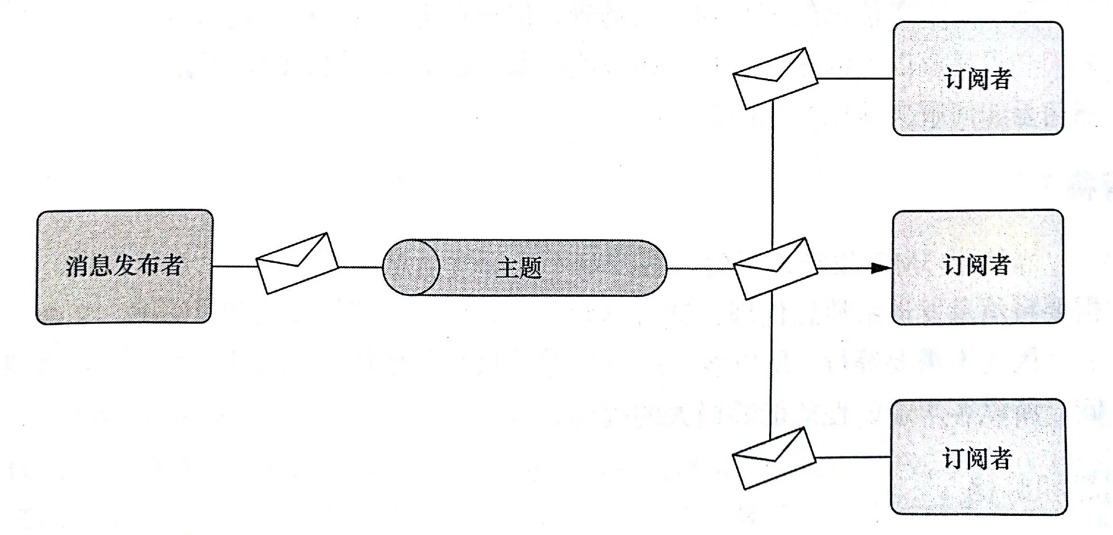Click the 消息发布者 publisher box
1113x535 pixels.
click(x=124, y=267)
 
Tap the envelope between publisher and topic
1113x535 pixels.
click(x=297, y=263)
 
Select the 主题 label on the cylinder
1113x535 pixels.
click(x=519, y=268)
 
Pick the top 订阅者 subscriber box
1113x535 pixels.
click(x=977, y=78)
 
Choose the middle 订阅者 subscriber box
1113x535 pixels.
click(x=977, y=267)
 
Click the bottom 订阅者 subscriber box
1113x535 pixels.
click(x=978, y=456)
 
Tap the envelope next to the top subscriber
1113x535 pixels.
click(x=775, y=79)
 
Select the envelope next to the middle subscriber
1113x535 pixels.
click(x=775, y=268)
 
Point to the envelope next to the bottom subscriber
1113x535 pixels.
click(x=774, y=458)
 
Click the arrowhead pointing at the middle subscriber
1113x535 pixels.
click(x=880, y=268)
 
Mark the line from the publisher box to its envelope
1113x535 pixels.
click(x=235, y=267)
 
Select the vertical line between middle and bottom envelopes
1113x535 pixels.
click(x=771, y=364)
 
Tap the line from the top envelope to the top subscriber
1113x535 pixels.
click(x=855, y=78)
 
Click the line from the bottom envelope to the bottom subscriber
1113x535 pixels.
click(x=852, y=457)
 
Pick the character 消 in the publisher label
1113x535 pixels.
click(x=77, y=266)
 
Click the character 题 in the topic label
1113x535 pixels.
click(x=530, y=268)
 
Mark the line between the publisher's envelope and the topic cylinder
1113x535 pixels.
click(x=360, y=267)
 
